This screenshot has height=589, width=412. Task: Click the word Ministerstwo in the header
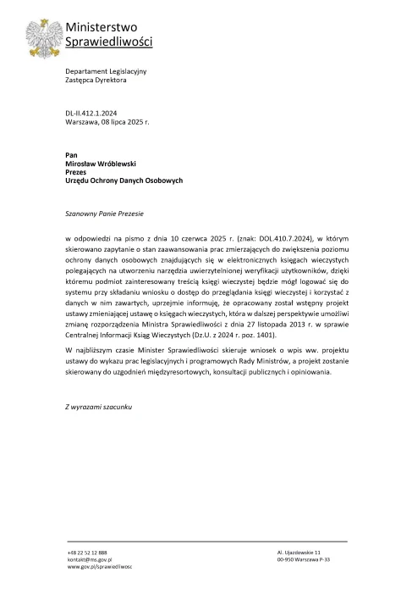click(96, 28)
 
